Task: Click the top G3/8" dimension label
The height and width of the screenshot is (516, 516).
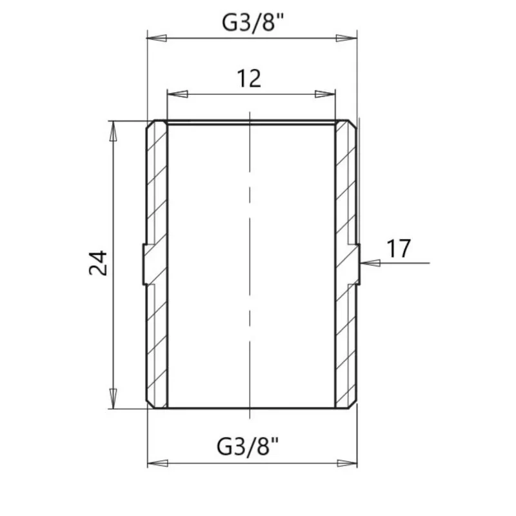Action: pyautogui.click(x=253, y=23)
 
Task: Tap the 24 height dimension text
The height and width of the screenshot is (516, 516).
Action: pyautogui.click(x=98, y=263)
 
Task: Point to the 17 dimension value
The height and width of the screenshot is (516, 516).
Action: pyautogui.click(x=398, y=248)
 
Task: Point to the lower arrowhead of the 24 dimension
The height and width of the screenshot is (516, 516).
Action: pyautogui.click(x=114, y=397)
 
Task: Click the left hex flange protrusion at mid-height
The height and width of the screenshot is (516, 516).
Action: pyautogui.click(x=144, y=264)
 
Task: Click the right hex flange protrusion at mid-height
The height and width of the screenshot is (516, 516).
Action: pyautogui.click(x=357, y=264)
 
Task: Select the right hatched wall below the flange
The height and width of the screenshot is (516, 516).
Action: pyautogui.click(x=345, y=342)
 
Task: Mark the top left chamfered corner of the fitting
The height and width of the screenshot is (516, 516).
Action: pyautogui.click(x=150, y=123)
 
